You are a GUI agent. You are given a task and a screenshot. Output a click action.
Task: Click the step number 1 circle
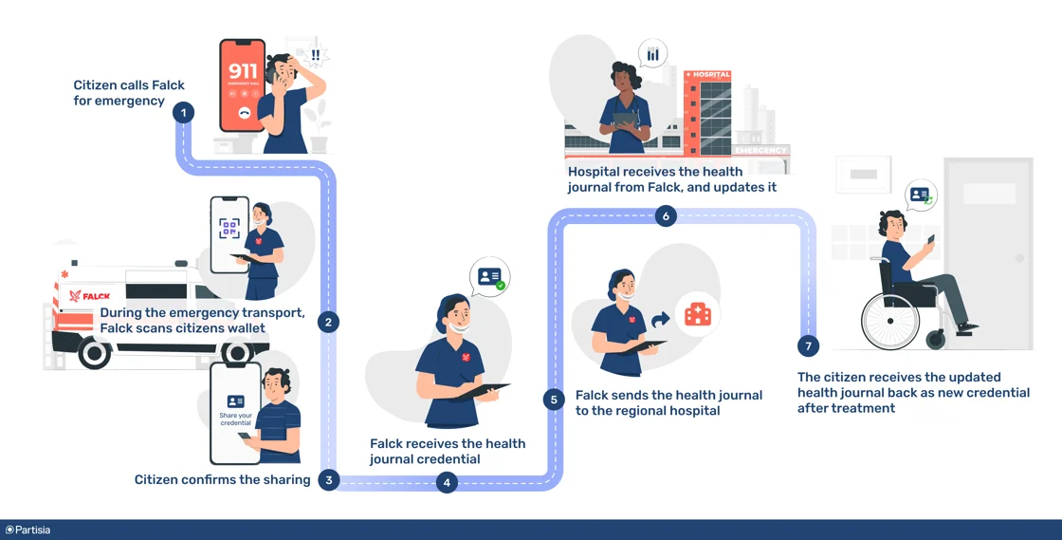[x=183, y=113]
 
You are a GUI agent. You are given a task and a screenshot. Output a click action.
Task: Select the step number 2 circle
[x=328, y=322]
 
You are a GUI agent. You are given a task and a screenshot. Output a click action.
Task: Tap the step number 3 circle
[x=328, y=479]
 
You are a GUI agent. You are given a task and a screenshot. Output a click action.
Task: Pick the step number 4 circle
[x=447, y=482]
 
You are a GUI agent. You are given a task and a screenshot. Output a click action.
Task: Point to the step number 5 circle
[x=554, y=400]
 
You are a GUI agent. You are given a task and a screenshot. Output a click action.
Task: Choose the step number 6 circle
[x=666, y=216]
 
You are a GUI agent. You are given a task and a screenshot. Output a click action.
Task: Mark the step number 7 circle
[x=808, y=346]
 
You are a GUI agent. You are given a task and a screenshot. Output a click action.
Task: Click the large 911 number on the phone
[x=244, y=71]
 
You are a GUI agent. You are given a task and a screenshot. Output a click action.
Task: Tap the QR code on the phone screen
[x=229, y=228]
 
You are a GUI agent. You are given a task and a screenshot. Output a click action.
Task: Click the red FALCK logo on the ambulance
[x=90, y=296]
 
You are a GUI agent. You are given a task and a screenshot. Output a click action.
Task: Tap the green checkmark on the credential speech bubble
[x=500, y=284]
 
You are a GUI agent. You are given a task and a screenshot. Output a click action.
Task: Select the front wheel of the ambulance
[x=95, y=353]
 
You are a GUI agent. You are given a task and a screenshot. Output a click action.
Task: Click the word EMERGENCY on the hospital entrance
[x=760, y=150]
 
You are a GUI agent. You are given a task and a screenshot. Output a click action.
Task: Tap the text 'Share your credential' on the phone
[x=235, y=419]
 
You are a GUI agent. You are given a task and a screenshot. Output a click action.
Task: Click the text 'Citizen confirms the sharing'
[x=223, y=480]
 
